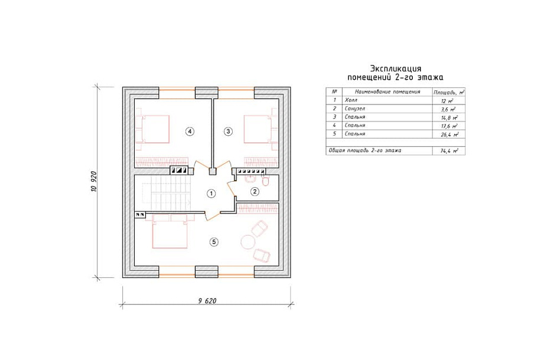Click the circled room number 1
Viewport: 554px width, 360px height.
[211, 194]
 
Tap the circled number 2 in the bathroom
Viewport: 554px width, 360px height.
[255, 192]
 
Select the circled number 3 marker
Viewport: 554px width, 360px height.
[228, 131]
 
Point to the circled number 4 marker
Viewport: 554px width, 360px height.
[190, 131]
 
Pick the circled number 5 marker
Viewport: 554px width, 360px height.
[214, 242]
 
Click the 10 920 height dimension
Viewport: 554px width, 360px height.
[94, 181]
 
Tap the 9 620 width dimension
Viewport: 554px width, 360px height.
[207, 301]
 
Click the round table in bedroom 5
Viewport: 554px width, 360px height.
[247, 242]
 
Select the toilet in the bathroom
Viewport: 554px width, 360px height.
[265, 181]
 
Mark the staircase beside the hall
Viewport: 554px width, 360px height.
[167, 194]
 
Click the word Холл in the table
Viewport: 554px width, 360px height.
[351, 100]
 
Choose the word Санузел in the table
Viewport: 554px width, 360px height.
[355, 109]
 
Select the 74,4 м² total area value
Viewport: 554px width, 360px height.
[449, 150]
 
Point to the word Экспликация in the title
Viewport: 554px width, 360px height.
[395, 68]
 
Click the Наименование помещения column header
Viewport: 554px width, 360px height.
[387, 91]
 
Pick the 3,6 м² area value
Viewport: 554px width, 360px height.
[448, 109]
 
